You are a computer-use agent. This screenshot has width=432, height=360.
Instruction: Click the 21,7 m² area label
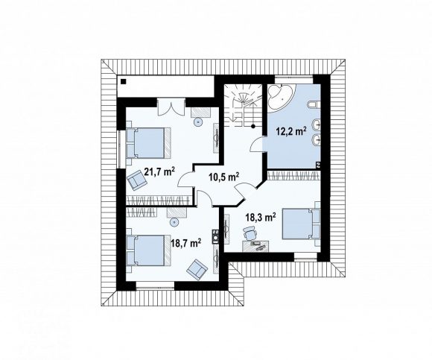pos(160,172)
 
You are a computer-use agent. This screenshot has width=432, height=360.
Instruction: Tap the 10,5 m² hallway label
pos(224,177)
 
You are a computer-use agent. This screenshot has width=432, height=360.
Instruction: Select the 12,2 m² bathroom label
pos(292,131)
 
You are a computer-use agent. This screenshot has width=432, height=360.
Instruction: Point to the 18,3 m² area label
pos(261,218)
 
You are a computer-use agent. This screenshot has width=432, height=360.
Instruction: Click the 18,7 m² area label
pos(186,243)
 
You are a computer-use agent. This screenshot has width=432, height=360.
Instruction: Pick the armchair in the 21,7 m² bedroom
pos(136,180)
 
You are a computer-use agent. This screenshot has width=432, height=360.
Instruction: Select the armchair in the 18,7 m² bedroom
pos(197,270)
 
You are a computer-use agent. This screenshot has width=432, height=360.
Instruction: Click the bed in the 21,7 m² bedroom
pos(149,143)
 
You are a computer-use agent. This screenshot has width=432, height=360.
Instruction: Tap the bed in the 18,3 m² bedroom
pos(302,224)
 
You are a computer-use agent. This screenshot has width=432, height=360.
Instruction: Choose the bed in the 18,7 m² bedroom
pos(149,250)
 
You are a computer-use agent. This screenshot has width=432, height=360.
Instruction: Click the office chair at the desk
pos(250,233)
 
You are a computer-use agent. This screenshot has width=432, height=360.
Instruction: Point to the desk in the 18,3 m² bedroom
pos(255,246)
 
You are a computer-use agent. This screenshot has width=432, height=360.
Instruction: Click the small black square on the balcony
pos(124,81)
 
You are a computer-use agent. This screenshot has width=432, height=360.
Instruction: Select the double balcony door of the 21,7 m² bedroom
pos(171,107)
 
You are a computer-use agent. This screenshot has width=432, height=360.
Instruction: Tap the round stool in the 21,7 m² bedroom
pos(198,121)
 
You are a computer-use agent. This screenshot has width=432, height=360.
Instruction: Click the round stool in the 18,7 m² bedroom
pos(174,222)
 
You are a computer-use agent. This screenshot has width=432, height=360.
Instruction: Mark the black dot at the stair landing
pos(252,126)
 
